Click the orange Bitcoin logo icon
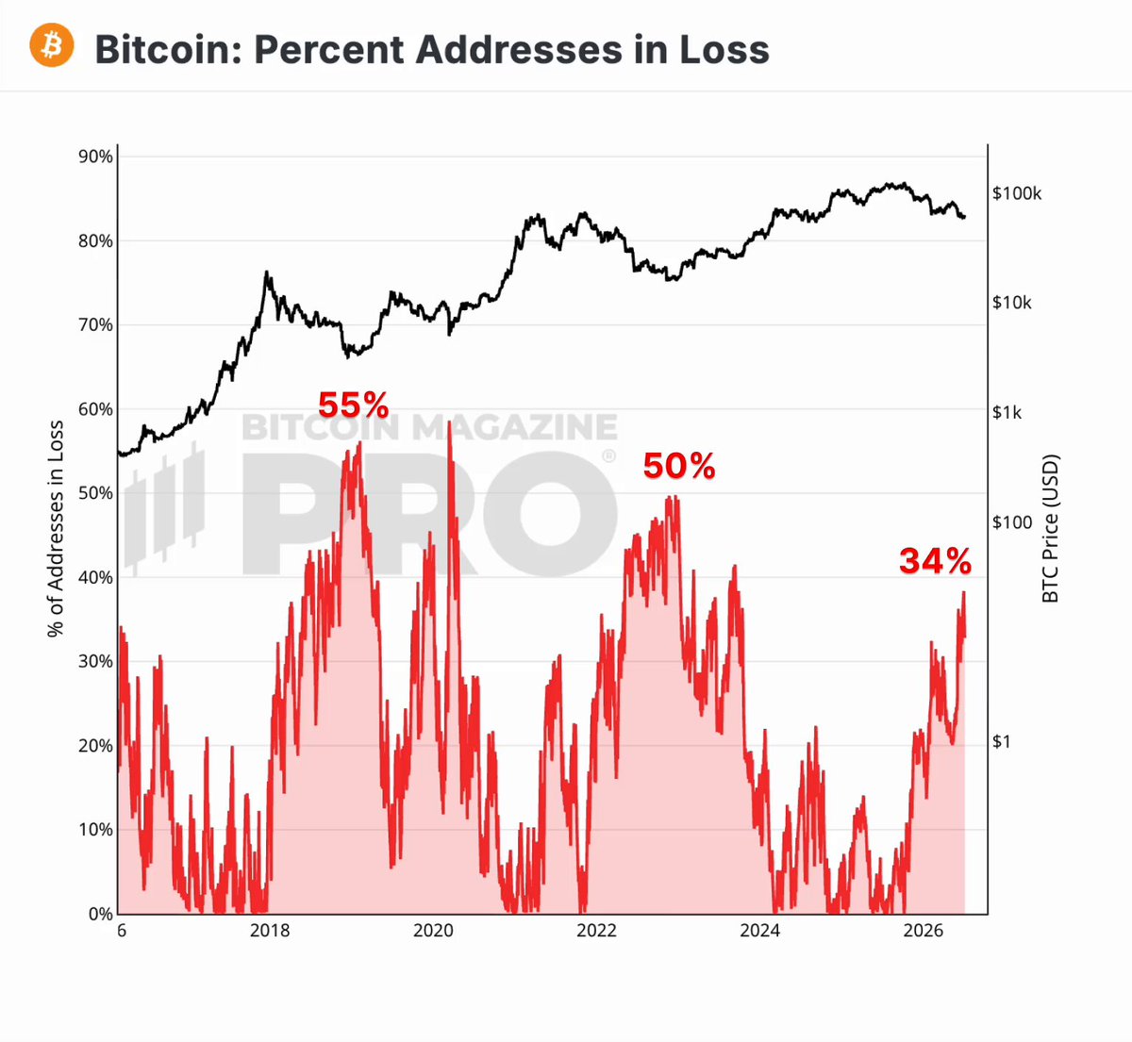pyautogui.click(x=51, y=45)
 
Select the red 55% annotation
pyautogui.click(x=353, y=405)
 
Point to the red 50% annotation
pyautogui.click(x=679, y=466)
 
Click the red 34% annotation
pyautogui.click(x=935, y=561)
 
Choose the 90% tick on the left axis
pyautogui.click(x=95, y=157)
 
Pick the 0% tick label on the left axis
pyautogui.click(x=101, y=914)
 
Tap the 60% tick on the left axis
pyautogui.click(x=95, y=409)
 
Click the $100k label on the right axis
pyautogui.click(x=1017, y=193)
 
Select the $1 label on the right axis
pyautogui.click(x=1002, y=742)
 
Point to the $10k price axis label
pyautogui.click(x=1012, y=303)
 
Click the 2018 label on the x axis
pyautogui.click(x=270, y=931)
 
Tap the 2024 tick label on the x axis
pyautogui.click(x=759, y=931)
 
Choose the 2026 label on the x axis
pyautogui.click(x=924, y=931)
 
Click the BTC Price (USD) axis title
pyautogui.click(x=1050, y=529)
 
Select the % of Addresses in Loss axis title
pyautogui.click(x=56, y=529)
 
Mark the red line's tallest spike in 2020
pyautogui.click(x=449, y=422)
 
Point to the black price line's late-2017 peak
pyautogui.click(x=267, y=273)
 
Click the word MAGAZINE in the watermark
pyautogui.click(x=515, y=427)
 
